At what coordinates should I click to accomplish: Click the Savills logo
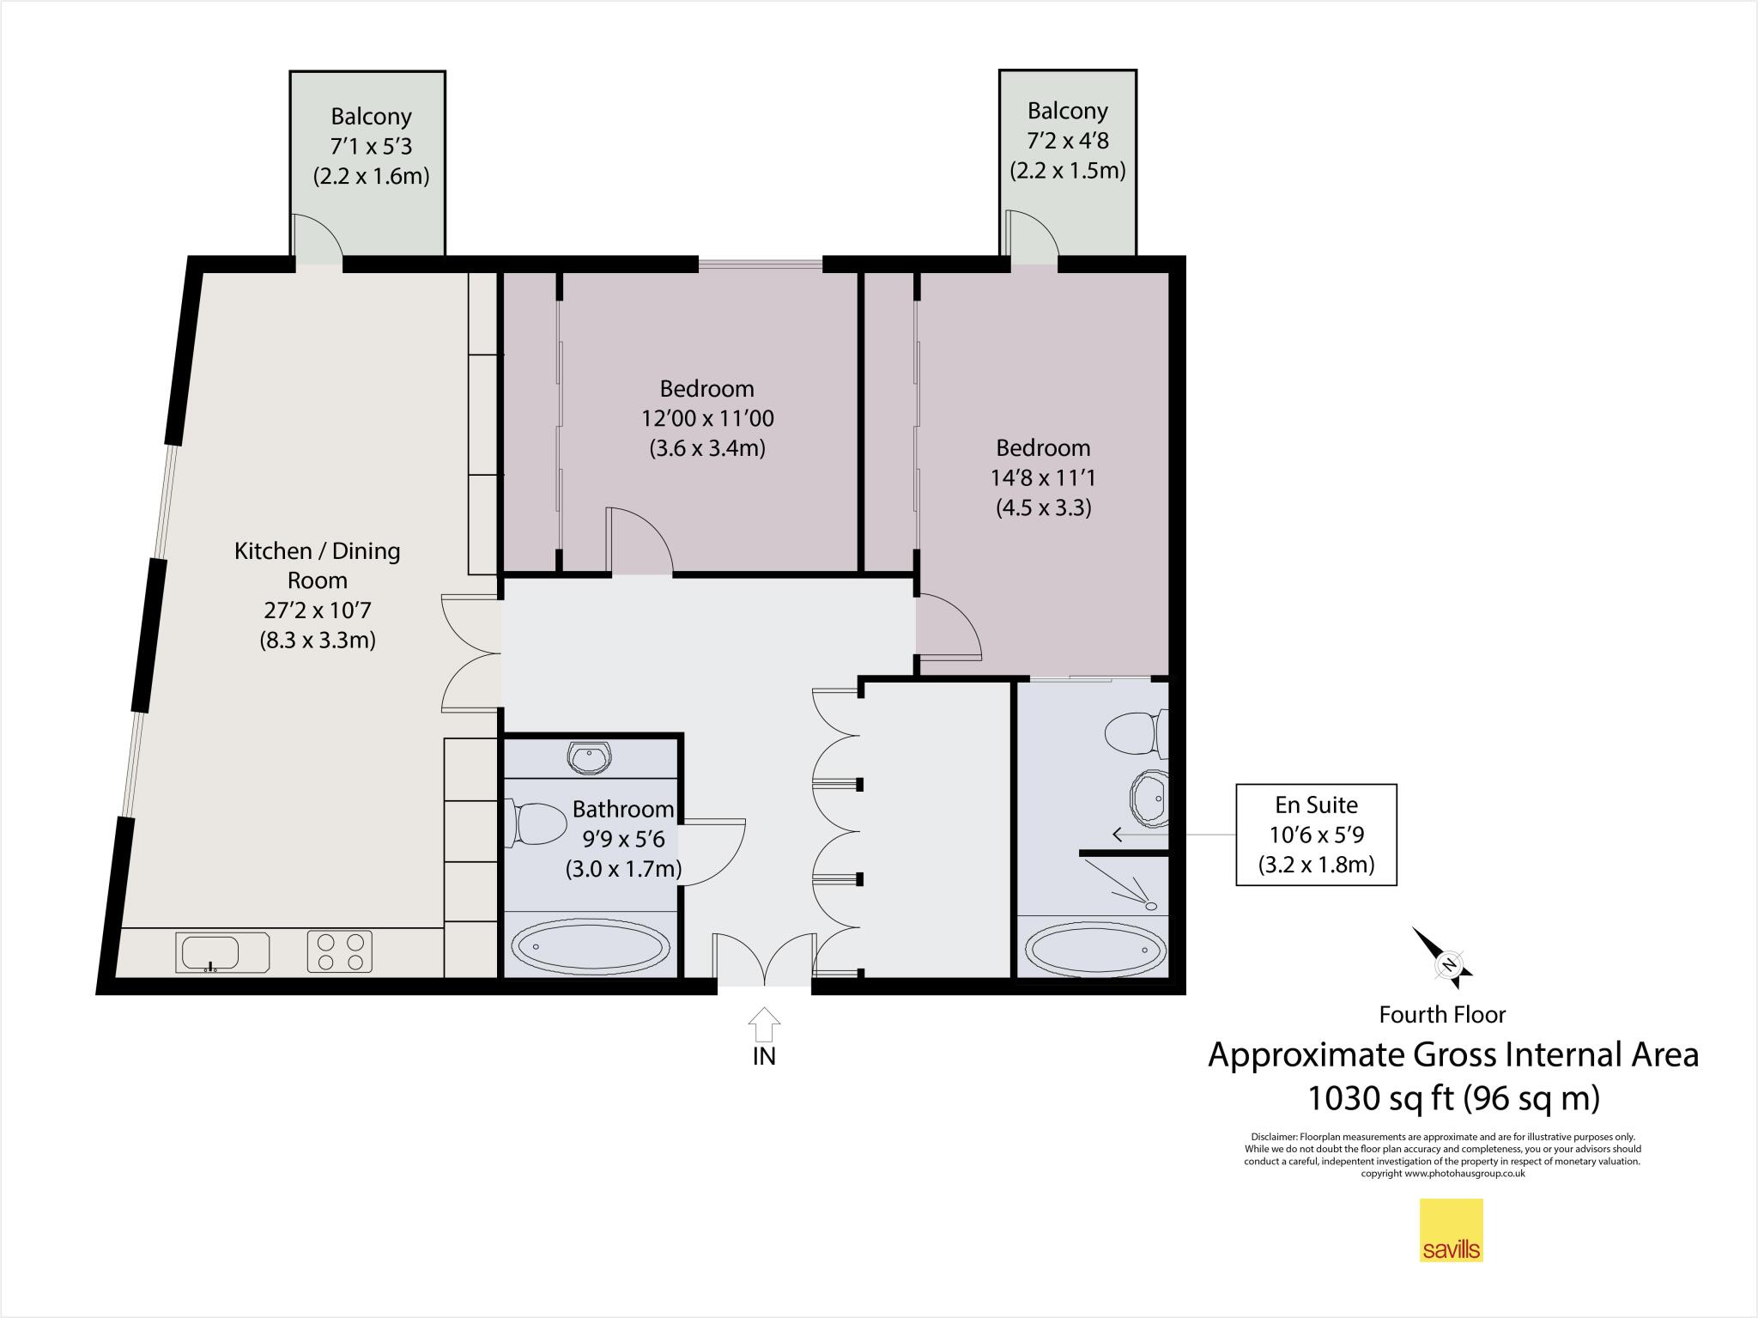pyautogui.click(x=1451, y=1230)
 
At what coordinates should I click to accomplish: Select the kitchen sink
pyautogui.click(x=222, y=953)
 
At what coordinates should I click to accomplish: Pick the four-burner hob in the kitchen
pyautogui.click(x=340, y=952)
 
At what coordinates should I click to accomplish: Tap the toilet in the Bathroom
pyautogui.click(x=539, y=823)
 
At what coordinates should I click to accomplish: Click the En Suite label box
pyautogui.click(x=1316, y=835)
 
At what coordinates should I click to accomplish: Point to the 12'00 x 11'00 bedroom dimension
pyautogui.click(x=707, y=418)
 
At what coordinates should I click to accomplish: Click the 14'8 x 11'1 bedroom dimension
pyautogui.click(x=1043, y=477)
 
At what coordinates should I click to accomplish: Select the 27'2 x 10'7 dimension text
pyautogui.click(x=318, y=610)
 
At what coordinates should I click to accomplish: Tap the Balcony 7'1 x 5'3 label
pyautogui.click(x=371, y=146)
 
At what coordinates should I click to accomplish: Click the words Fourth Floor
pyautogui.click(x=1442, y=1015)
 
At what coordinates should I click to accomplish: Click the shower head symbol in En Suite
pyautogui.click(x=1149, y=905)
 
